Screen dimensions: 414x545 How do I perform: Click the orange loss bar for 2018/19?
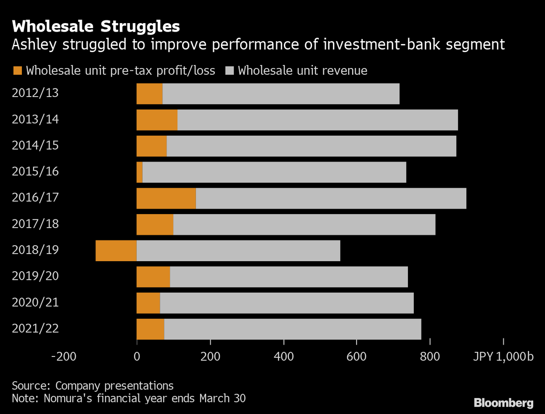point(116,250)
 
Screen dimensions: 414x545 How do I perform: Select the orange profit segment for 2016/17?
point(166,198)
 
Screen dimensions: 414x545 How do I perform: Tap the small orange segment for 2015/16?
point(140,172)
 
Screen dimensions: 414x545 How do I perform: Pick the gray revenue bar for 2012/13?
point(281,93)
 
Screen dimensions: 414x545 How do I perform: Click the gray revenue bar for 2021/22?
point(292,329)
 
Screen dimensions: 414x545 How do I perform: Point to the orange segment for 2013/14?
point(157,120)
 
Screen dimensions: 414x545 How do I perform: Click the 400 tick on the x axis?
point(283,356)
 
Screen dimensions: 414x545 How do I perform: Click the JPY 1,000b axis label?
point(504,356)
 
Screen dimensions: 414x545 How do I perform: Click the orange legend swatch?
point(18,71)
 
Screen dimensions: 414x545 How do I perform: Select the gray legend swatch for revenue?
point(229,71)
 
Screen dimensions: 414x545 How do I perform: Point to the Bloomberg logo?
point(503,402)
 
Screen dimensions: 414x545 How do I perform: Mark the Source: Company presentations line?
point(93,386)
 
